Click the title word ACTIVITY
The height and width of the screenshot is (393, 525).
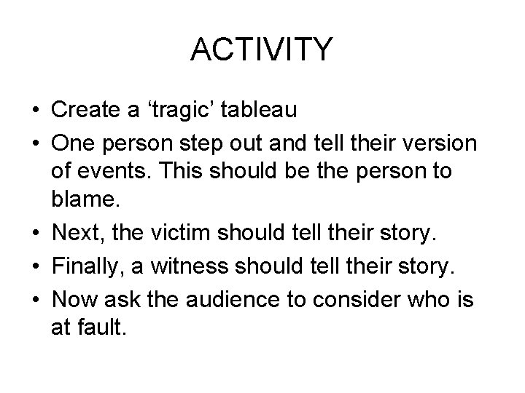pyautogui.click(x=262, y=50)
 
